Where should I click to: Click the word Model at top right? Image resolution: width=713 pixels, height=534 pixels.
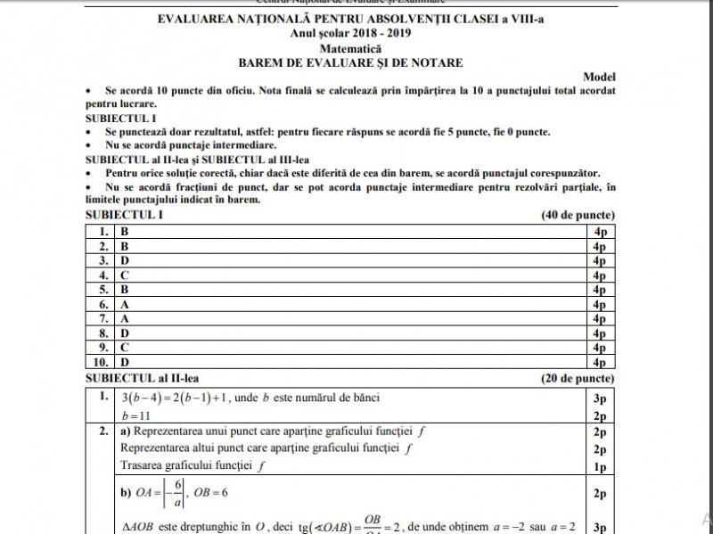coord(599,78)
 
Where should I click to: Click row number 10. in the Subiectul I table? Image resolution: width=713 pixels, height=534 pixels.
coord(101,362)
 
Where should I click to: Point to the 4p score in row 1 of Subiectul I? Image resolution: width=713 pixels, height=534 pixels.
coord(599,232)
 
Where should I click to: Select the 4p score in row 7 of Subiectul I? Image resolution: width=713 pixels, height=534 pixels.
coord(599,318)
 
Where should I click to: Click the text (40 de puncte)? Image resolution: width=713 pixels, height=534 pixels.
coord(578,216)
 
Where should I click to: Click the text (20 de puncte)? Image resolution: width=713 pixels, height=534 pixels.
coord(578,378)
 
